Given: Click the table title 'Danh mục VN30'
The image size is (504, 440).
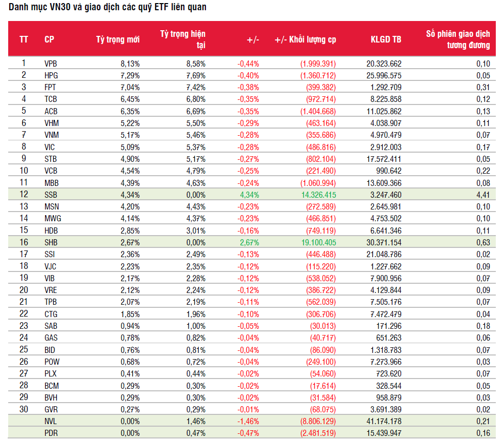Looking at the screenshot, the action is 39,7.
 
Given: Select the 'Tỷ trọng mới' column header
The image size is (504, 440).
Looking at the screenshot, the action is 118,39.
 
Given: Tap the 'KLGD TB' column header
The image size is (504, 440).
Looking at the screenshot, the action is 386,39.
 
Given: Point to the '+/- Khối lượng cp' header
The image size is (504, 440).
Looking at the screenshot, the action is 305,39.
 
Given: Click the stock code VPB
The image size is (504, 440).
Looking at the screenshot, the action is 51,64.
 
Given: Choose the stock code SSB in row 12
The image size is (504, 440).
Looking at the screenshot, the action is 51,195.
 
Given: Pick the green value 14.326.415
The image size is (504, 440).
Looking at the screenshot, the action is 319,195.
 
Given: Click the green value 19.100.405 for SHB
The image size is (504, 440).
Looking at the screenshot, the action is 319,242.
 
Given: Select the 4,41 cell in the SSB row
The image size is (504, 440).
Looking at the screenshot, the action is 483,195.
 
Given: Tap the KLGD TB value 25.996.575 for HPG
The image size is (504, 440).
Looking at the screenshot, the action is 384,75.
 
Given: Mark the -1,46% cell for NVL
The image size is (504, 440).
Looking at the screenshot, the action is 248,422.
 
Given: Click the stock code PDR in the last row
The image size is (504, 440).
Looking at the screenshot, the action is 51,433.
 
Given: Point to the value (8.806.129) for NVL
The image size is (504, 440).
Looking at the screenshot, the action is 318,422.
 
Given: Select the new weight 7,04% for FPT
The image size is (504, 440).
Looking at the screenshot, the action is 130,88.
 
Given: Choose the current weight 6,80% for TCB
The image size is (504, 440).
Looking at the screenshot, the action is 196,99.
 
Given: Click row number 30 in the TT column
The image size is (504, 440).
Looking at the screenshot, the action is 24,409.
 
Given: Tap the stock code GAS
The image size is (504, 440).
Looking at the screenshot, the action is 51,338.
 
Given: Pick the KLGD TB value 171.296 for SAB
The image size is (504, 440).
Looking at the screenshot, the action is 389,326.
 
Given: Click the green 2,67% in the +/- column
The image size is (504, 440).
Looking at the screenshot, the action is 249,242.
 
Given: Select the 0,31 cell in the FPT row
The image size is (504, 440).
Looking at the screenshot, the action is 483,88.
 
